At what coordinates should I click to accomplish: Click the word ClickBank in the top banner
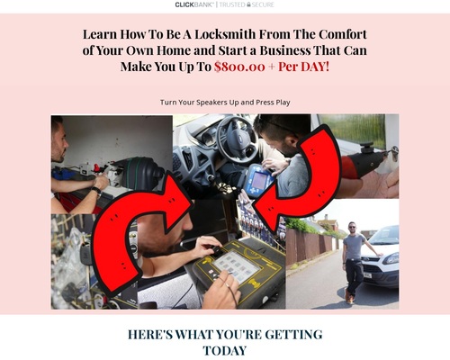194,4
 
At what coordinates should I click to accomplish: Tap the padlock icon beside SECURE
248,4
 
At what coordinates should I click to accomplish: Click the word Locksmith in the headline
225,34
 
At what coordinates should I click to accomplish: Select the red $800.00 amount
239,67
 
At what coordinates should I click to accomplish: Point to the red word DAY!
315,67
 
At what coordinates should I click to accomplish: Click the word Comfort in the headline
342,34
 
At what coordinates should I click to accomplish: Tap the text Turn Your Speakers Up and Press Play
225,103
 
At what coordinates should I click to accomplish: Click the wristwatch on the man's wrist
96,192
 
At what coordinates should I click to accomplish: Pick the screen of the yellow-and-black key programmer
236,266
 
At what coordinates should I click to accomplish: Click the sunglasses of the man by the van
352,227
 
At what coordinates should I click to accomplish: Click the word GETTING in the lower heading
293,335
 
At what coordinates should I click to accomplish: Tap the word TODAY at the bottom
225,351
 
